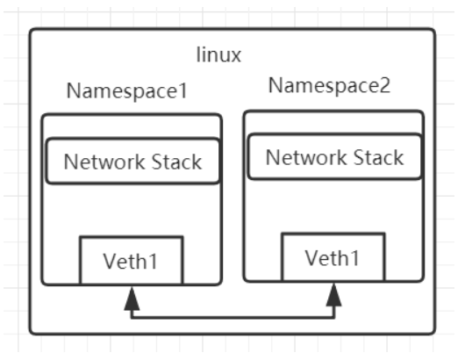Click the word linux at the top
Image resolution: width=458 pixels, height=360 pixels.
[218, 54]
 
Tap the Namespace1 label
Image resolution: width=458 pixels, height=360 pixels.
[127, 91]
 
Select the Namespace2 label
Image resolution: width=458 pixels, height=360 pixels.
[329, 86]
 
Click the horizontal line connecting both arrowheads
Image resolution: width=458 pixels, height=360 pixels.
[233, 317]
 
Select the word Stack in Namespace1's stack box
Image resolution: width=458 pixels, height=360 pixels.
[176, 162]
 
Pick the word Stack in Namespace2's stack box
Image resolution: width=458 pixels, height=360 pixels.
[379, 157]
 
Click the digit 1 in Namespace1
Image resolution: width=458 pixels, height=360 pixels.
[182, 90]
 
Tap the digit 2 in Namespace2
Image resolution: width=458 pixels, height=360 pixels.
[384, 85]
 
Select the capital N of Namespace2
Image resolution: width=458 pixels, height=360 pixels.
[276, 85]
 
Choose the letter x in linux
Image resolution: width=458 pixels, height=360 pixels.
[236, 56]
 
